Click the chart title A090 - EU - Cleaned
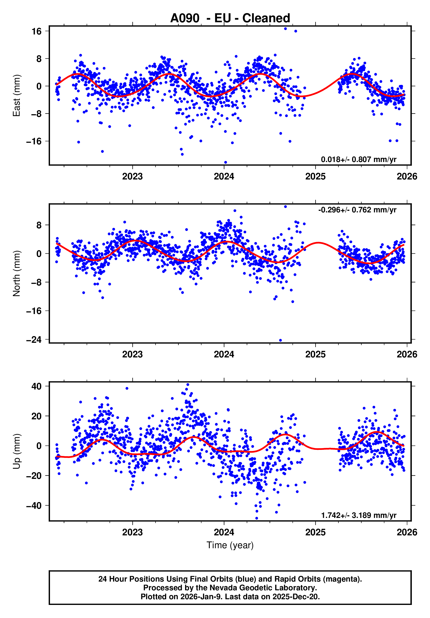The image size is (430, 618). (x=230, y=18)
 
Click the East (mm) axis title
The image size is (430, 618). (x=17, y=96)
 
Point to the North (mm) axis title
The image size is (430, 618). (x=17, y=273)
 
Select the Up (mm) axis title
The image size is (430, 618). (x=17, y=451)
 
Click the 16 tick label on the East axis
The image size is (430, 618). (x=37, y=31)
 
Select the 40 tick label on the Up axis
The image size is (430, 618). (x=37, y=386)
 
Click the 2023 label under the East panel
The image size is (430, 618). (x=132, y=177)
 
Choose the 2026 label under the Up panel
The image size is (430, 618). (x=407, y=532)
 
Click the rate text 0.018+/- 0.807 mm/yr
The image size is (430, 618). (x=359, y=160)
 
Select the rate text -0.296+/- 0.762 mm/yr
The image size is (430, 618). (x=357, y=210)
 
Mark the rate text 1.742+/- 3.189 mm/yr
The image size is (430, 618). (x=359, y=516)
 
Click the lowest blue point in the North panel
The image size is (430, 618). (x=280, y=340)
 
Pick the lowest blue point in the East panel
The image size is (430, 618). (x=225, y=162)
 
